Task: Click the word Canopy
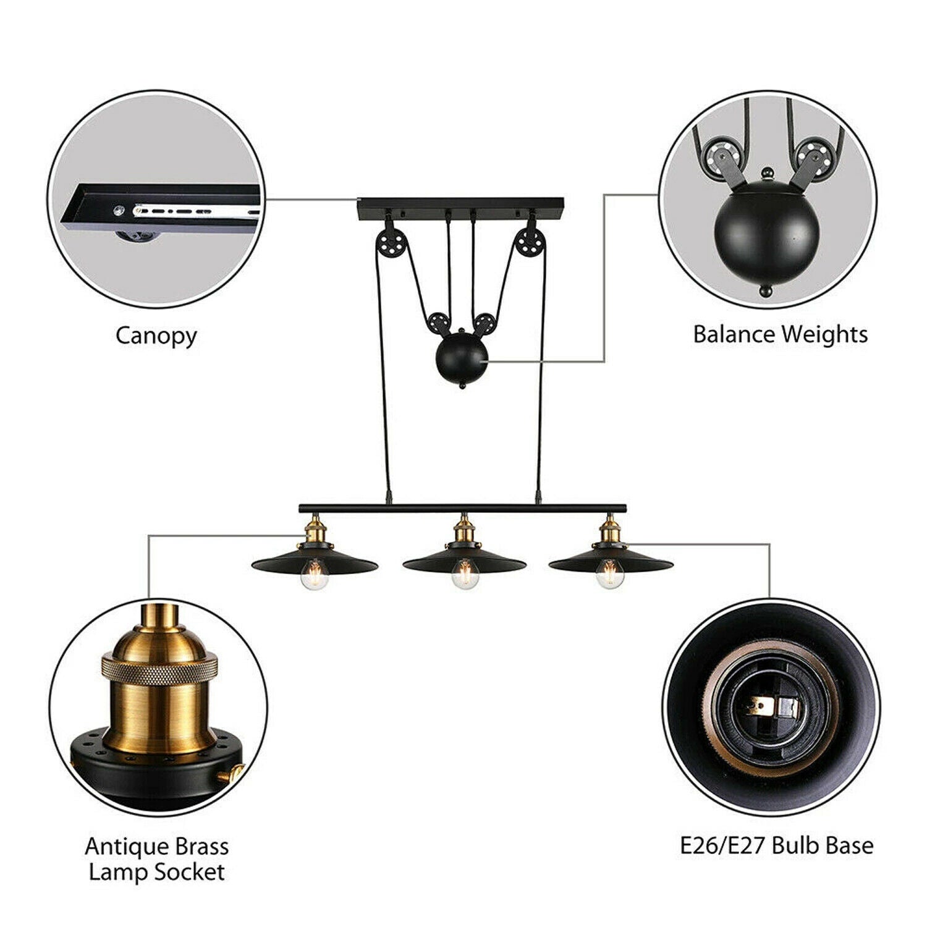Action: [x=156, y=336]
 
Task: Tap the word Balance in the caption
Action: [x=734, y=334]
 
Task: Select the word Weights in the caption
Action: [x=824, y=334]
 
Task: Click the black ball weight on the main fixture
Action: [x=462, y=360]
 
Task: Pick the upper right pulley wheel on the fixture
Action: [x=529, y=241]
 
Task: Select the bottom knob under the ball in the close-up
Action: [x=766, y=289]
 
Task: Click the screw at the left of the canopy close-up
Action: [x=118, y=210]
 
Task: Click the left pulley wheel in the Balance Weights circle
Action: [x=720, y=154]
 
